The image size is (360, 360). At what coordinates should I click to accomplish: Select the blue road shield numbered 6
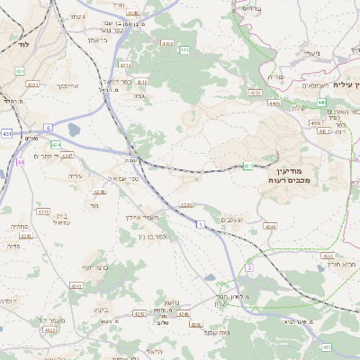click(49, 128)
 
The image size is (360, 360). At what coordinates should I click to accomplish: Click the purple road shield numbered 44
click(20, 162)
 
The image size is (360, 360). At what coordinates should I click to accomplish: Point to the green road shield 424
click(57, 144)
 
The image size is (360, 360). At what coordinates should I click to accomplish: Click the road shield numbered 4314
click(125, 65)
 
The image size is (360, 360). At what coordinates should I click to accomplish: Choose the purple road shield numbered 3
click(249, 267)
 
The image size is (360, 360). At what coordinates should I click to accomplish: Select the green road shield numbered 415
click(326, 346)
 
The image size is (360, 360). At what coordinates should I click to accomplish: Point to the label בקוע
click(101, 310)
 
